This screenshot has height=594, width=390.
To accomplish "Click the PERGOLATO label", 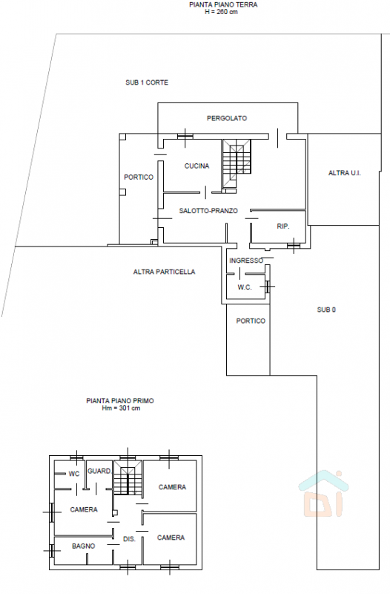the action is point(227,118).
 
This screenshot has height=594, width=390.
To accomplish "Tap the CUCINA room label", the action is point(196,166).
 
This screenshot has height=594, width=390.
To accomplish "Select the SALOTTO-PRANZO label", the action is point(208,211).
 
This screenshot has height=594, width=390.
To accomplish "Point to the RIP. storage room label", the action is point(283,226).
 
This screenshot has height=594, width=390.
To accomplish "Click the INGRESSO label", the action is point(246,261).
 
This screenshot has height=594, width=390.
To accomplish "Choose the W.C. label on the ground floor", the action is point(245,287).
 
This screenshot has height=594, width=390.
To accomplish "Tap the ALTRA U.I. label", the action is point(345,173).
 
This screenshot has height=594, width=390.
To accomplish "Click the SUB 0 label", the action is point(326,310).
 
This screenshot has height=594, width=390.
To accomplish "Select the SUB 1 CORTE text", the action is point(147,82).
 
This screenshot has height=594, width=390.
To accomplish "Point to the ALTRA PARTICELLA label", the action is point(164,272).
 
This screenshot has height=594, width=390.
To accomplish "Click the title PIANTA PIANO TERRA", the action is point(223,5).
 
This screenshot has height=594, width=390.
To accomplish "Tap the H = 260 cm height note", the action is point(221,12).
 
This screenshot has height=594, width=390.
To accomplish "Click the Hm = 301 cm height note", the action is point(121,408).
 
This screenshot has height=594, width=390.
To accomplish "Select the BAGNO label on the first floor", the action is point(84,546).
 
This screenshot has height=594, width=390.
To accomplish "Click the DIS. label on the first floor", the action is point(129,539).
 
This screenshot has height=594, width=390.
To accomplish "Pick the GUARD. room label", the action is point(99,471).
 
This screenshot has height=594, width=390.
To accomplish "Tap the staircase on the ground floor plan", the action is point(237,163).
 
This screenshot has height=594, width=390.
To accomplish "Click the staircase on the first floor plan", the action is point(128,477).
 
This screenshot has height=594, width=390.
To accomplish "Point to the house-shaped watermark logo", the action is point(323,494).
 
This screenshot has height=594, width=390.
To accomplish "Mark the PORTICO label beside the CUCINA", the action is point(139,177).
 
